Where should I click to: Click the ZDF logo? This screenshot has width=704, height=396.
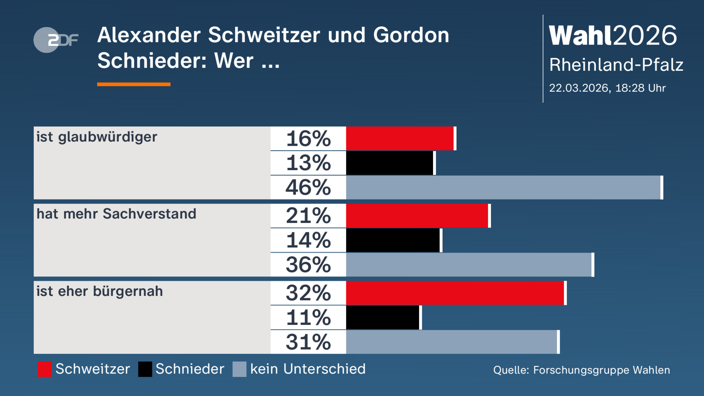click(56, 40)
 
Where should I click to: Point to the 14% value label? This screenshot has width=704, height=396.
click(308, 240)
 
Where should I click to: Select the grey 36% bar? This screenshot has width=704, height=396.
click(469, 265)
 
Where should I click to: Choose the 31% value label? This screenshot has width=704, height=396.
click(308, 342)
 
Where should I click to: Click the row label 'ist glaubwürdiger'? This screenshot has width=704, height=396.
click(97, 137)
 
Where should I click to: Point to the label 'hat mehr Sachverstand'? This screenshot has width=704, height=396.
click(116, 214)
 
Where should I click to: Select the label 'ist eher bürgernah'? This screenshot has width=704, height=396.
click(99, 291)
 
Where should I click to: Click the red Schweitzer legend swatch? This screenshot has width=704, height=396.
click(45, 369)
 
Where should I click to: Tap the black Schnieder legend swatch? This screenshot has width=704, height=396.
click(145, 369)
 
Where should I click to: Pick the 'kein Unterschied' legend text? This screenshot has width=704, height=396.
click(308, 369)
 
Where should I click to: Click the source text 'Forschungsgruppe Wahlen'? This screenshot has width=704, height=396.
click(601, 370)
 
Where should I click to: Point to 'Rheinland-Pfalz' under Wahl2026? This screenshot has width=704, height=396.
click(616, 65)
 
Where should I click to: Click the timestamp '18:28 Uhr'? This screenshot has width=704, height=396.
click(640, 88)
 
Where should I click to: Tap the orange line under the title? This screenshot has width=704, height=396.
click(134, 84)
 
